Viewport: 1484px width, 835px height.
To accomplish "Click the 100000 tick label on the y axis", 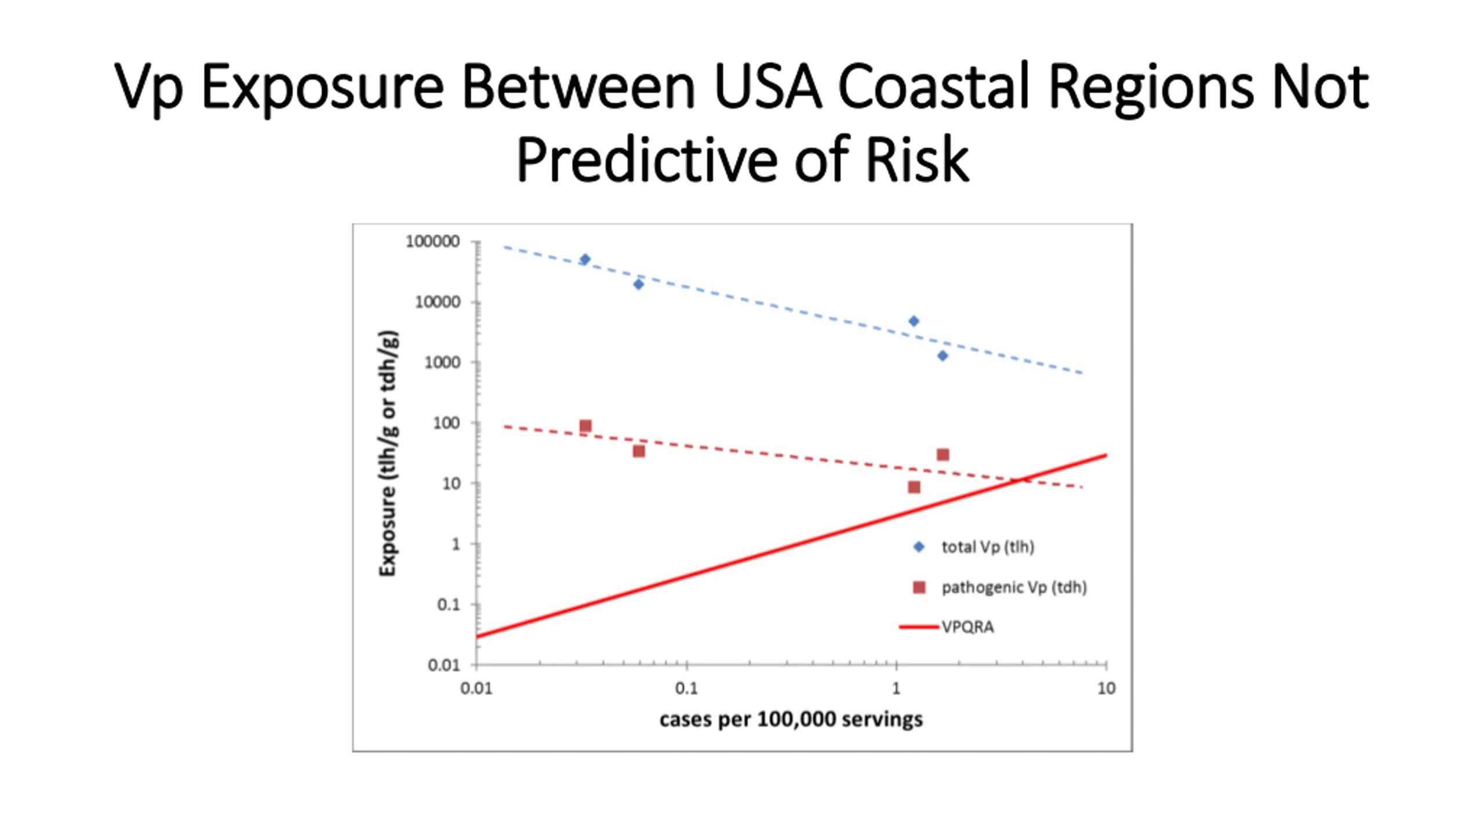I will pos(432,241).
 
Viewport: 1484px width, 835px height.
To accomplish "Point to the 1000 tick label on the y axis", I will pos(442,362).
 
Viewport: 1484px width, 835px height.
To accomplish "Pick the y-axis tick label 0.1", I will pos(448,605).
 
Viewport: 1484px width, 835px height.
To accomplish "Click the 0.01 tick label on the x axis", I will pos(476,688).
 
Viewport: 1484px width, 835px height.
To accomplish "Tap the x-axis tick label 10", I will pos(1106,688).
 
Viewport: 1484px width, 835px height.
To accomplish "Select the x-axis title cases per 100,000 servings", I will pos(791,720).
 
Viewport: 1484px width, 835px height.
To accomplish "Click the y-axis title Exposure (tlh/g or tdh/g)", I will pos(388,453).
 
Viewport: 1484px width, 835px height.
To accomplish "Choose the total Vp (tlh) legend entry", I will pos(987,547).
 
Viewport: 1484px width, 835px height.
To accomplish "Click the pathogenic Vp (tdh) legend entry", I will pos(1013,587).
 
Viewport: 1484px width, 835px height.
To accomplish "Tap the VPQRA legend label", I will pos(967,627).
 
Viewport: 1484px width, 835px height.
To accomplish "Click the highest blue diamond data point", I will pos(585,259).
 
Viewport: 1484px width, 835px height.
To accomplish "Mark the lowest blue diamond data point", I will pos(943,356).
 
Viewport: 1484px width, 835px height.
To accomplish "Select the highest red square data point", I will pos(585,426).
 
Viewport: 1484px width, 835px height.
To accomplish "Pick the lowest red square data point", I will pos(914,487).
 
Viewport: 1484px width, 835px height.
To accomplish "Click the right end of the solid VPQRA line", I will pos(1105,456).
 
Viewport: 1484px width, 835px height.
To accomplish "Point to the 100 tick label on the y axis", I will pos(446,423).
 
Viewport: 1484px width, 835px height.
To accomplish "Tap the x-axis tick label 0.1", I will pos(686,688).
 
